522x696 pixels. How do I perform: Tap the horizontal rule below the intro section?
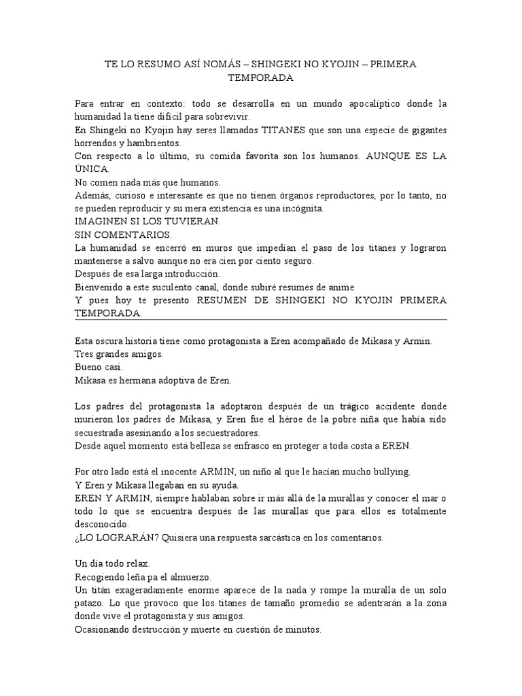point(260,319)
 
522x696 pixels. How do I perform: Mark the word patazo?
point(90,603)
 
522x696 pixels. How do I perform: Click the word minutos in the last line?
point(301,629)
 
